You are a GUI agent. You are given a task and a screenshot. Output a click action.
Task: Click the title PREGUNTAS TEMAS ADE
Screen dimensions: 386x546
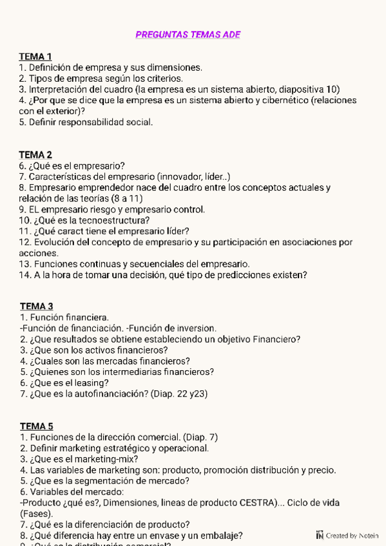pyautogui.click(x=188, y=35)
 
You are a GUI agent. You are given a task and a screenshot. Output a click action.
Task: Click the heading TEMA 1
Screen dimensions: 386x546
pyautogui.click(x=35, y=57)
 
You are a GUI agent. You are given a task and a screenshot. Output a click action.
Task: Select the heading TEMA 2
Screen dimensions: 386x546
pyautogui.click(x=35, y=155)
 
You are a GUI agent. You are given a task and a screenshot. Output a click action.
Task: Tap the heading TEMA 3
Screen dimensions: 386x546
pyautogui.click(x=36, y=306)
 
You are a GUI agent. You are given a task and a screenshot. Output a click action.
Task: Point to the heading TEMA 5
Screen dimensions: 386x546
pyautogui.click(x=36, y=426)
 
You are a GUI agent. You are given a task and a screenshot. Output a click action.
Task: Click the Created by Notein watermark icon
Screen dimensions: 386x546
pyautogui.click(x=320, y=535)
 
